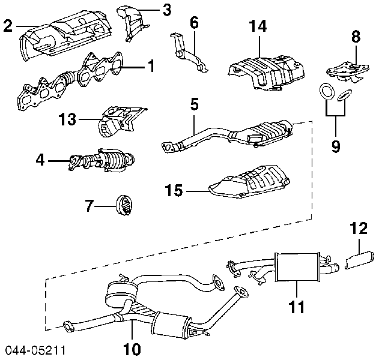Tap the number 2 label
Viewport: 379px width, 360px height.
[x=8, y=26]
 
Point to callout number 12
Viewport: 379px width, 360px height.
[x=359, y=228]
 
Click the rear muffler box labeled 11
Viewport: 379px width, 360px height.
[x=297, y=266]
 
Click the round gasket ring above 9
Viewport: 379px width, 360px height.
[x=326, y=92]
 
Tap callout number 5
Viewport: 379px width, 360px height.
[x=193, y=104]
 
